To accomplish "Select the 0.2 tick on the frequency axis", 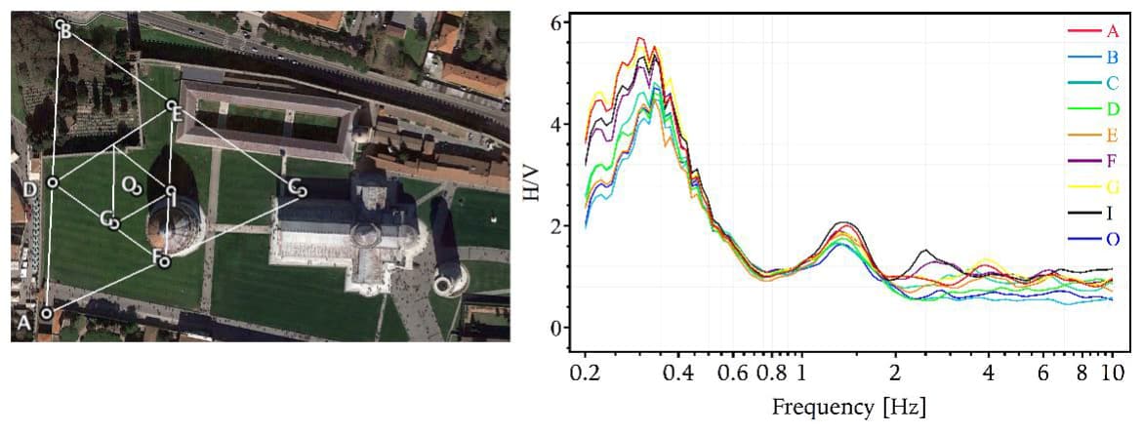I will tap(586, 373).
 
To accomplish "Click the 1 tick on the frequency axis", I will tap(801, 373).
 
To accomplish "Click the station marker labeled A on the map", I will tap(46, 313).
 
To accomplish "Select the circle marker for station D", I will tap(53, 181).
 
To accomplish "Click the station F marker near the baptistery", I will tap(165, 261).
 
